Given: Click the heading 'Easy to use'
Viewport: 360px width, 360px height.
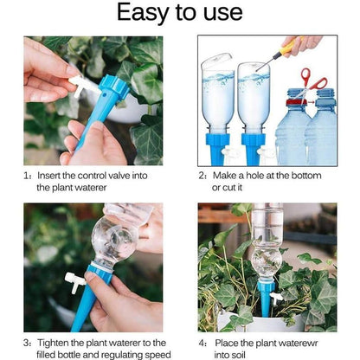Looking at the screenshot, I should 180,13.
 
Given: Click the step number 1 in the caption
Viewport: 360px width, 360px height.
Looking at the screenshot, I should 26,175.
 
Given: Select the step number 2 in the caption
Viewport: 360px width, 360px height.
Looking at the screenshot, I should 202,175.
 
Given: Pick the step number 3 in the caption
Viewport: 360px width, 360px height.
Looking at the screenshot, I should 26,343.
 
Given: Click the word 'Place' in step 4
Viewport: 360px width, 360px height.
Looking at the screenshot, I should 228,343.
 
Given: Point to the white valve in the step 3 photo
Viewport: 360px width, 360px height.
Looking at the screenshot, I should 74,282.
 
